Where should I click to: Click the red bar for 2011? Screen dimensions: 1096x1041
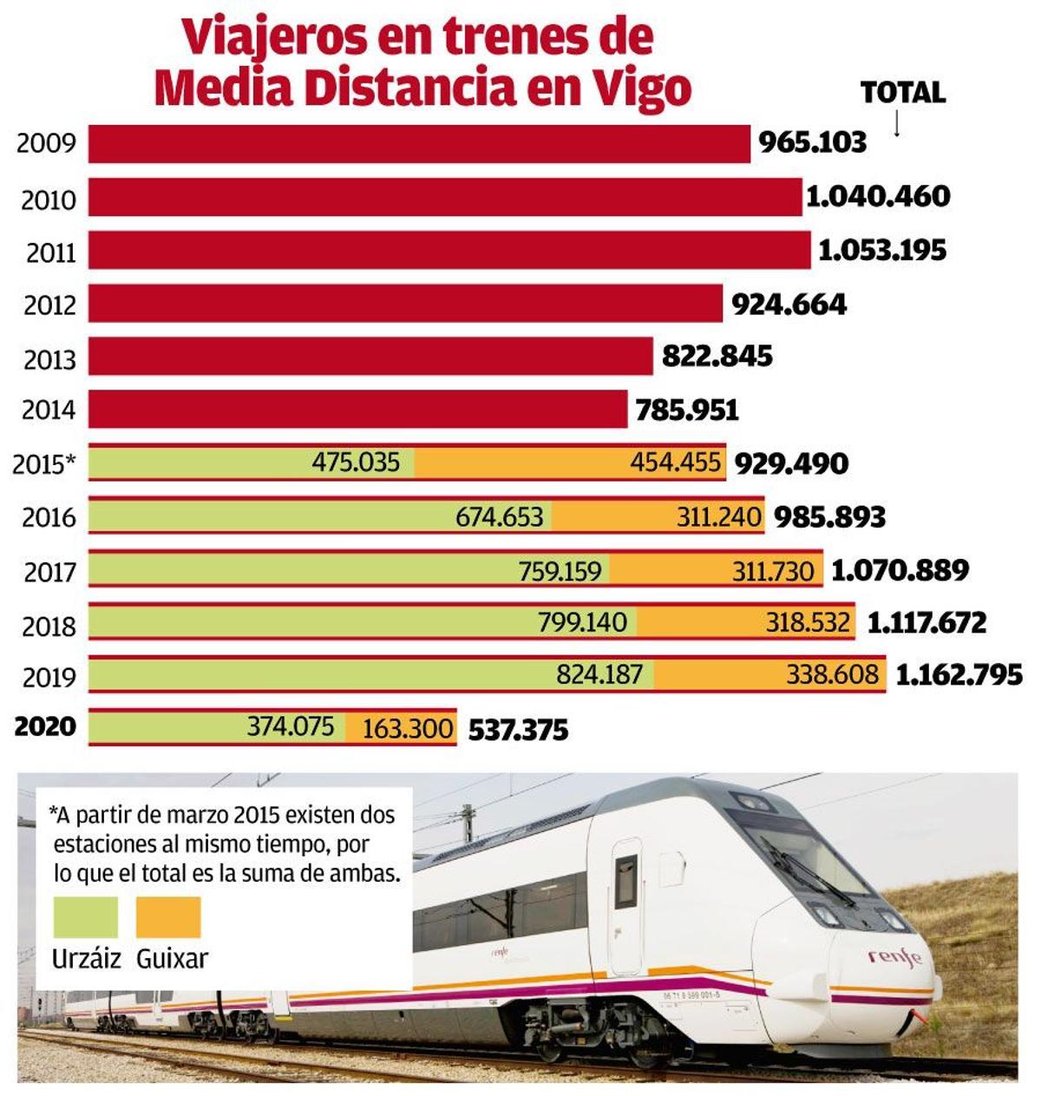449,250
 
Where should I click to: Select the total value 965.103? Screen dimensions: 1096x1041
812,142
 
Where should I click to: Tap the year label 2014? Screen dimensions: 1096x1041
49,410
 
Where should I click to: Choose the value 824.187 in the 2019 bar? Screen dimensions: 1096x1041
599,674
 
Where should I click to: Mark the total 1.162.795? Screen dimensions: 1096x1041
959,675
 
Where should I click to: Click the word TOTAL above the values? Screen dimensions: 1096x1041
902,92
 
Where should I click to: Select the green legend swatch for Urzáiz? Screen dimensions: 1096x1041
85,917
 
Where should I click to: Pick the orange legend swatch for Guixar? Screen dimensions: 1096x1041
168,917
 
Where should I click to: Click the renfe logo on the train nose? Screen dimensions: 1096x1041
894,957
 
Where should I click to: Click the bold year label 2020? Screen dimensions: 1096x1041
46,725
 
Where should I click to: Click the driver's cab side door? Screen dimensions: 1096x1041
625,902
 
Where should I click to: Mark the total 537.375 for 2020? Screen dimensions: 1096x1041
518,730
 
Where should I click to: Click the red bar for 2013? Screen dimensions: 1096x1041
370,357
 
